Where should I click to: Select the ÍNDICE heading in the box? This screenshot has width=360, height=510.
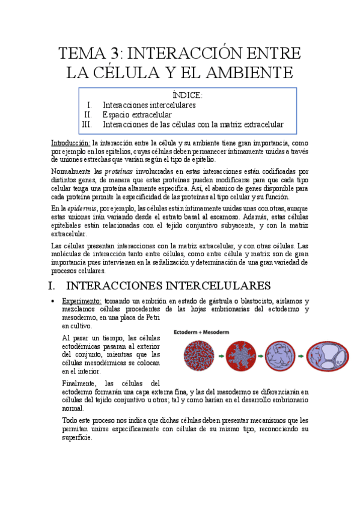(x=188, y=95)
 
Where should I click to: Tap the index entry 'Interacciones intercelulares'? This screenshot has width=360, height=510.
(x=149, y=105)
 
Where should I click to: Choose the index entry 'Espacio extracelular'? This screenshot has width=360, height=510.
(x=137, y=115)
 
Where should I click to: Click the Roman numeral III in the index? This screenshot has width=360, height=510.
(x=87, y=125)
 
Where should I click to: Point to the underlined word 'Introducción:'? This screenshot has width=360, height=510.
(x=71, y=143)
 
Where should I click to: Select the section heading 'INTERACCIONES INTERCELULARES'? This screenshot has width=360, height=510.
(x=168, y=284)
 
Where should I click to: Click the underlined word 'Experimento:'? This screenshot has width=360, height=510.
(x=81, y=301)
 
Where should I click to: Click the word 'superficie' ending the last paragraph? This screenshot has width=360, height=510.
(x=77, y=438)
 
